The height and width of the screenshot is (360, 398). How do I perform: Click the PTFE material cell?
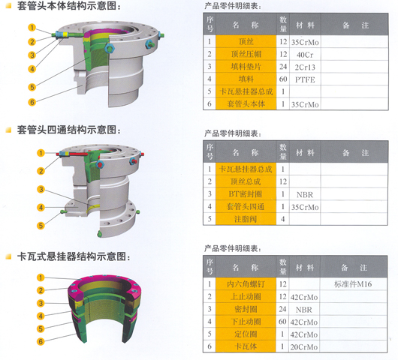[x=305, y=79]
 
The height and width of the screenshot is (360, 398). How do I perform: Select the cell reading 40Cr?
[x=305, y=55]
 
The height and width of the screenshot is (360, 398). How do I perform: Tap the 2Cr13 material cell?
[x=305, y=67]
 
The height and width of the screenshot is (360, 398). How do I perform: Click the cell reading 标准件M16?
[x=353, y=284]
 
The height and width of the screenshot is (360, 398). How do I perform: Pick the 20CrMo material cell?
[x=304, y=346]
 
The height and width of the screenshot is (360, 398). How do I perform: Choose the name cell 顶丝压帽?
[x=246, y=54]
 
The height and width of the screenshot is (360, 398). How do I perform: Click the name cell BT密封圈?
[x=246, y=194]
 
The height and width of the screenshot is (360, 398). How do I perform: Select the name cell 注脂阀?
[x=246, y=219]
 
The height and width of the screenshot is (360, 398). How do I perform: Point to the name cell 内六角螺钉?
[x=246, y=284]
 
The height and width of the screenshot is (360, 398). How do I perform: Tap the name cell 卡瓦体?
[x=246, y=346]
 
